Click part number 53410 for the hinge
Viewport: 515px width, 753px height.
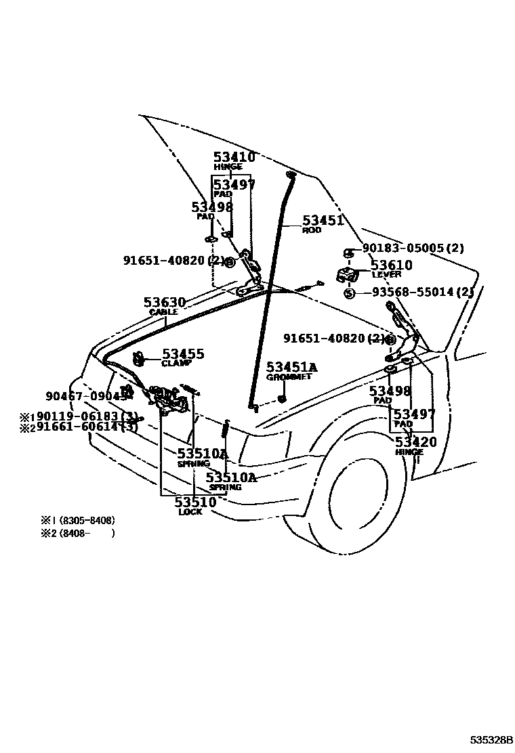(234, 157)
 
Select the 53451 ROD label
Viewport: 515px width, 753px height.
(323, 221)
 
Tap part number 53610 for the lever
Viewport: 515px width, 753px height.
(391, 265)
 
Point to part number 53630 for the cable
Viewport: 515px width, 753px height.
(164, 302)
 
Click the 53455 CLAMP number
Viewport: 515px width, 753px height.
(182, 354)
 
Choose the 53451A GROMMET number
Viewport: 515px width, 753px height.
(291, 367)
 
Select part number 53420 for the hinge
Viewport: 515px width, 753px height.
(415, 443)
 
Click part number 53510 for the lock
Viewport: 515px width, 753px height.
(195, 502)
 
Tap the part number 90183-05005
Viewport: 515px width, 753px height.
(413, 249)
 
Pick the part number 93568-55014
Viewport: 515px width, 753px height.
(421, 292)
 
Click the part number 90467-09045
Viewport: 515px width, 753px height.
(86, 397)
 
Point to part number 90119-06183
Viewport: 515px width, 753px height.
(86, 416)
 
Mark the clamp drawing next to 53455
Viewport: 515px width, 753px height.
(139, 358)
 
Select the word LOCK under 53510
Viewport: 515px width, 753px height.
(190, 513)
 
